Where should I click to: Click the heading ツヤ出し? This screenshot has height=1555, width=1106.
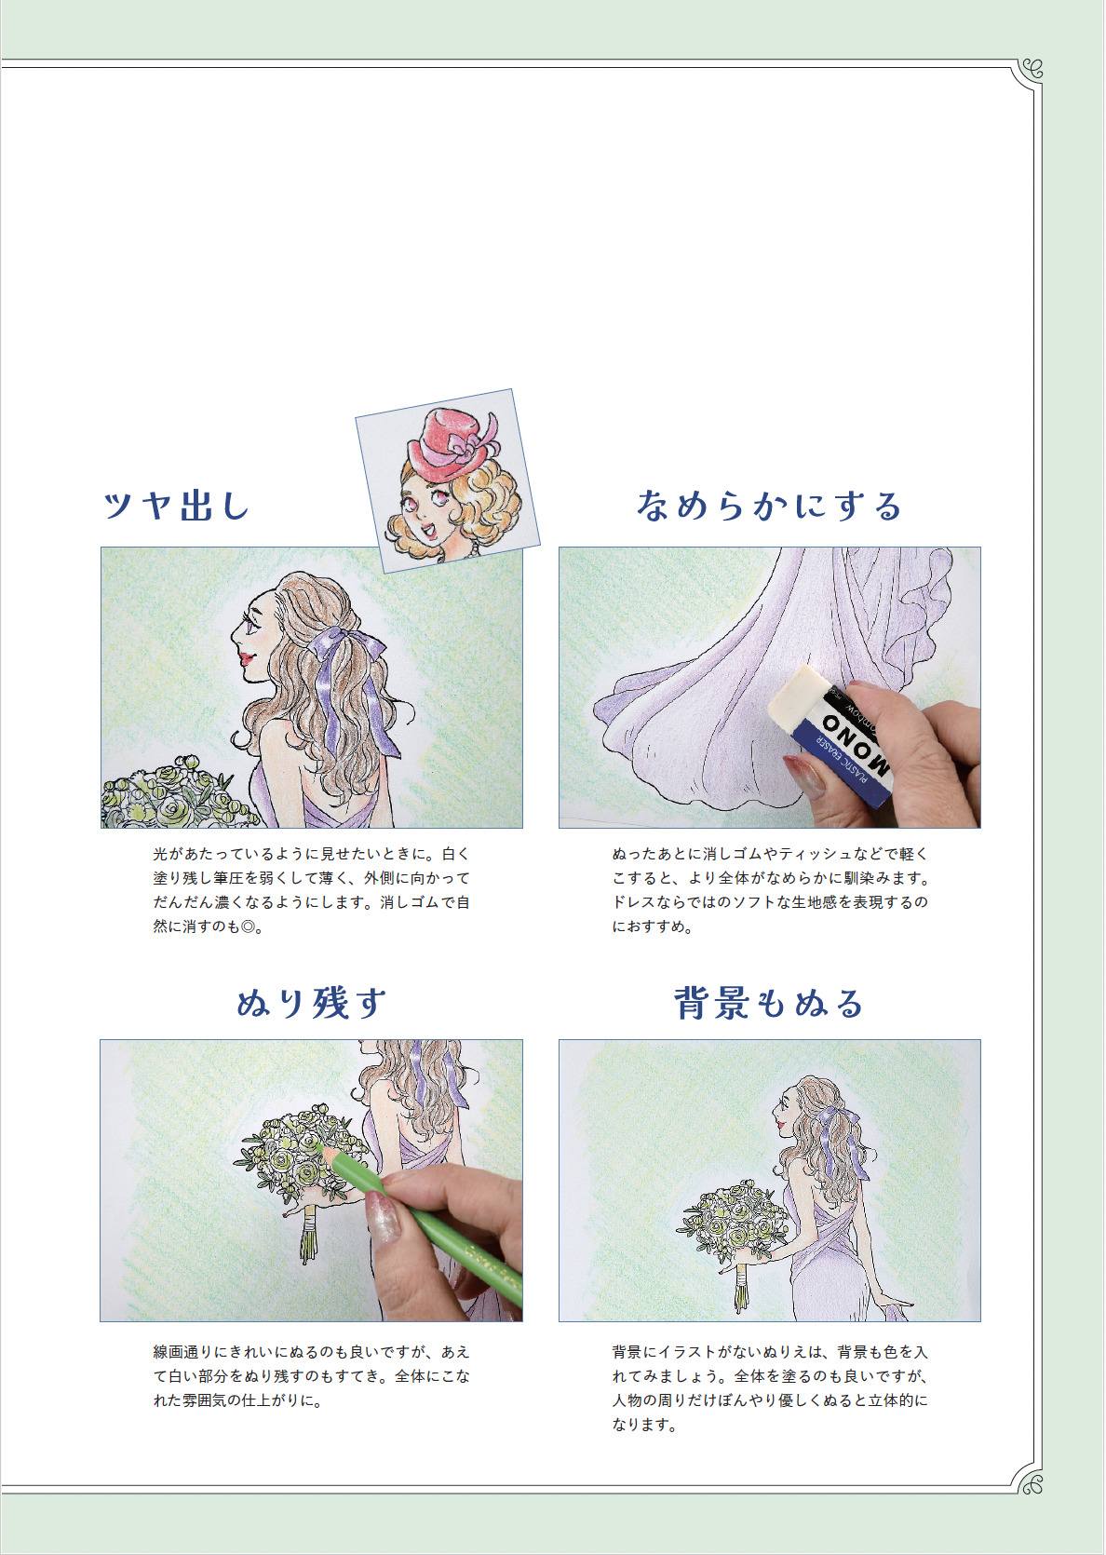click(x=176, y=505)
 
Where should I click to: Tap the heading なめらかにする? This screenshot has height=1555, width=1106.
click(x=769, y=505)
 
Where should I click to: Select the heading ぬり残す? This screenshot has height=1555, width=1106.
click(x=311, y=1003)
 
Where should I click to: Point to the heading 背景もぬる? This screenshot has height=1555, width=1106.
click(x=769, y=1003)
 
